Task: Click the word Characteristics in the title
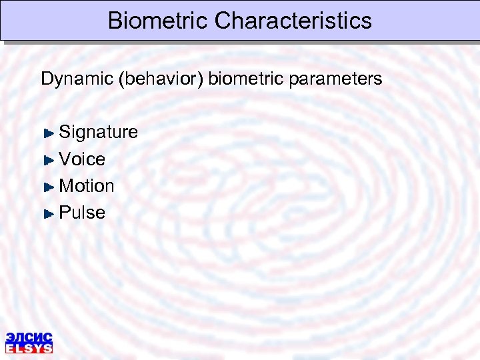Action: point(293,20)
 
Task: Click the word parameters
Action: point(337,79)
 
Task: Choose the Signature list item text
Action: point(99,133)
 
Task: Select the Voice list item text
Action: point(82,159)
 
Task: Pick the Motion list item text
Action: point(87,186)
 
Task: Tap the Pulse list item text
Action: point(82,213)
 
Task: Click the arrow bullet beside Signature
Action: point(48,133)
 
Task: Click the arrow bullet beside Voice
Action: point(48,160)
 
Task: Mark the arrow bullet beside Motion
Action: point(48,187)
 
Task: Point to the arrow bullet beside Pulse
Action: point(48,213)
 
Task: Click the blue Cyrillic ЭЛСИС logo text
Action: point(29,337)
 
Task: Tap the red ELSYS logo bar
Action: point(29,348)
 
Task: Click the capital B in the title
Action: point(115,20)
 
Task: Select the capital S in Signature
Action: point(65,133)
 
